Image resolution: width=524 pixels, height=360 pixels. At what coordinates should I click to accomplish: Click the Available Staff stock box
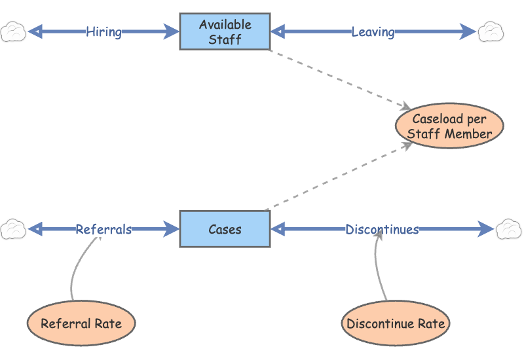pyautogui.click(x=225, y=31)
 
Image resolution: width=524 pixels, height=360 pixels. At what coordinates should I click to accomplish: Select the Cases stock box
pyautogui.click(x=225, y=229)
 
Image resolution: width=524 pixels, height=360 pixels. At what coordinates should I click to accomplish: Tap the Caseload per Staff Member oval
pyautogui.click(x=449, y=126)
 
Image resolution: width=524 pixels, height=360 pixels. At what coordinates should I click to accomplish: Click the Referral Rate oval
pyautogui.click(x=81, y=323)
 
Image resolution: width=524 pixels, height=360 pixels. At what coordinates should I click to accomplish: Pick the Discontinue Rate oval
pyautogui.click(x=396, y=323)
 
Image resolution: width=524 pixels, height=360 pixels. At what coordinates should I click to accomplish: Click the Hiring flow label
pyautogui.click(x=103, y=31)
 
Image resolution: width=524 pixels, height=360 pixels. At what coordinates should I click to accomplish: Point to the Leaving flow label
pyautogui.click(x=373, y=31)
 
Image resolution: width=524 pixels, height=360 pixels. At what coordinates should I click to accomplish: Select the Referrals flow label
pyautogui.click(x=103, y=229)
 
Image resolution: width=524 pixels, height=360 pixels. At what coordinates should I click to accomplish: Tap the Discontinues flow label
pyautogui.click(x=382, y=229)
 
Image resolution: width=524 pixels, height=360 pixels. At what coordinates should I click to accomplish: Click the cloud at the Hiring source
pyautogui.click(x=13, y=31)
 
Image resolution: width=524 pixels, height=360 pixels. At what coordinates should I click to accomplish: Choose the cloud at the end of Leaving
pyautogui.click(x=491, y=31)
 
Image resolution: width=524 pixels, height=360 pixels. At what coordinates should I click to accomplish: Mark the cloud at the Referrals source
pyautogui.click(x=13, y=229)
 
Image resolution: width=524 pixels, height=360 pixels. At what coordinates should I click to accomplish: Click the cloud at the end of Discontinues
pyautogui.click(x=508, y=229)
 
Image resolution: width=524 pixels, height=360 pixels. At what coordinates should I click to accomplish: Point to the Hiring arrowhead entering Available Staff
pyautogui.click(x=172, y=31)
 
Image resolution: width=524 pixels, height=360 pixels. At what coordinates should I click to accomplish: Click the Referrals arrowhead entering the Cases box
pyautogui.click(x=172, y=229)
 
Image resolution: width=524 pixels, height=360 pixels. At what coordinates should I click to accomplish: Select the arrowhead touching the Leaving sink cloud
pyautogui.click(x=469, y=31)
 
